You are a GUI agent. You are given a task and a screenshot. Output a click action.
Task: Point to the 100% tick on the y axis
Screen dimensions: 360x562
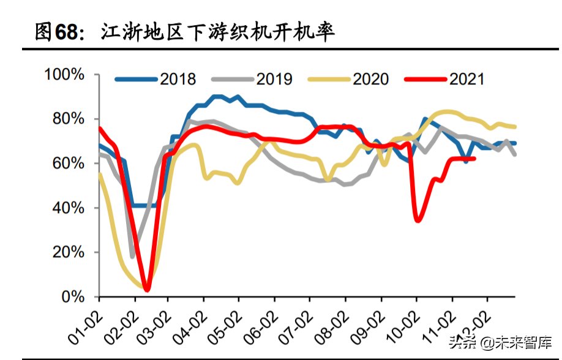tap(64, 75)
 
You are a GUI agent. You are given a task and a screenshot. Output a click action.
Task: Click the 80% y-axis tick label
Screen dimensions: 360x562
tap(68, 119)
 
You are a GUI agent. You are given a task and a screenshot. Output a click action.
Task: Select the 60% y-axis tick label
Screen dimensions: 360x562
tap(68, 163)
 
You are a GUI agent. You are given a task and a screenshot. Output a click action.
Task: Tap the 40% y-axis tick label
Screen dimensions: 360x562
tap(68, 208)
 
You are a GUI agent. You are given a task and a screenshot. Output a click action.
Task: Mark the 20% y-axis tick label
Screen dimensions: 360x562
tap(68, 252)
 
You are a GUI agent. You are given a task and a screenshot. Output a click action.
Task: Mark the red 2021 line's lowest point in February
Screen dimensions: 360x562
tap(147, 290)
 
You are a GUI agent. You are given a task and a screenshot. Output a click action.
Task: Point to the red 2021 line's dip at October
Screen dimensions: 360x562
tap(418, 220)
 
